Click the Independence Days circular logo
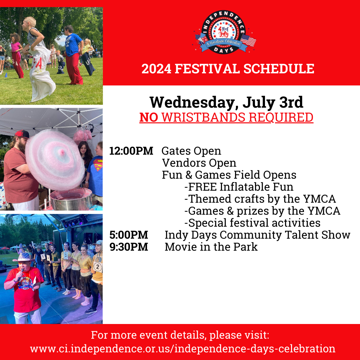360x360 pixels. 224,32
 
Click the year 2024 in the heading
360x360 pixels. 156,69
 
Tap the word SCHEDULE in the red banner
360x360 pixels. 279,69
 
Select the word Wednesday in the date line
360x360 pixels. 192,102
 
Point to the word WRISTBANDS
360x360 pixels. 203,117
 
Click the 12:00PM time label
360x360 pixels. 131,151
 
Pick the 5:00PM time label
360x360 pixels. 129,235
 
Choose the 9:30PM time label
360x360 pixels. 129,247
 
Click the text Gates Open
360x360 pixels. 191,151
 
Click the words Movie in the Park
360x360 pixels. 211,247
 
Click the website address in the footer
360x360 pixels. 183,349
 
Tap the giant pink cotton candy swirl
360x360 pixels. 55,159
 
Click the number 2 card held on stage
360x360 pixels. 98,267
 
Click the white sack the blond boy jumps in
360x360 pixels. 41,73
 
